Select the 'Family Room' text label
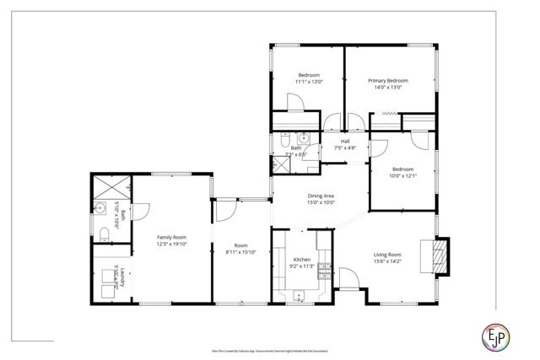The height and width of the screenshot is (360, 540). coord(170,237)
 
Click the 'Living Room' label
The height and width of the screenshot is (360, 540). coord(388,255)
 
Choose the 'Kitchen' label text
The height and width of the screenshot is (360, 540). coord(302,260)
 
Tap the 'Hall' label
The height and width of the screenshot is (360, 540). coord(344,141)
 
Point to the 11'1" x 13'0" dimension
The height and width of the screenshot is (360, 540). coord(308,82)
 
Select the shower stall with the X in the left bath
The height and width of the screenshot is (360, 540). coord(110,185)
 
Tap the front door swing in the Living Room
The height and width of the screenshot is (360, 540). coord(348,279)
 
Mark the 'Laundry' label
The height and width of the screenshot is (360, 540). coord(122,274)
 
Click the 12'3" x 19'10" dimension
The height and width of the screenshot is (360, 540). coord(170,244)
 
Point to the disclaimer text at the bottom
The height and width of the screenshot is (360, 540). coord(269,349)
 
